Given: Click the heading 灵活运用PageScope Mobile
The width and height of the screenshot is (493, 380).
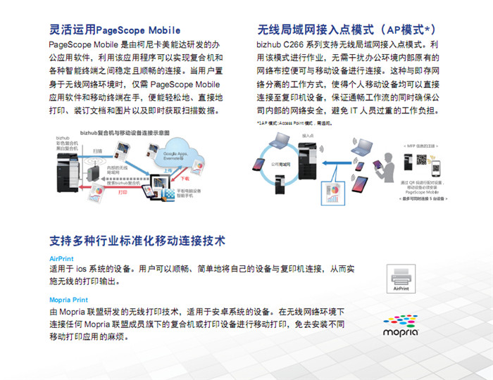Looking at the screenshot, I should [115, 30].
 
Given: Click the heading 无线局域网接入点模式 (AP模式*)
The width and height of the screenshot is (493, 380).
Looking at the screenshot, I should [346, 30].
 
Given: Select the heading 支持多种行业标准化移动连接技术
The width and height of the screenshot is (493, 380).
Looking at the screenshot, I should [137, 241].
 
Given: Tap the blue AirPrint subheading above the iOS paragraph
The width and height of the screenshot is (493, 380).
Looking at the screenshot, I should [61, 258].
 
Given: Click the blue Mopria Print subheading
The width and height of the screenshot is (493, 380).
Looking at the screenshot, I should [69, 300].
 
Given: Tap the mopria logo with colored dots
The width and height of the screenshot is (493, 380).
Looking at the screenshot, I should [401, 323].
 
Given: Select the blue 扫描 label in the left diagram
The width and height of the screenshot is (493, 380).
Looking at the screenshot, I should [96, 151].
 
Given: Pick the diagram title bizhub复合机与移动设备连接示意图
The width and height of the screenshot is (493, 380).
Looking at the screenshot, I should [125, 132].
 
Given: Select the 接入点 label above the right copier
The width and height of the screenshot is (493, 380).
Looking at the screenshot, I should [308, 134].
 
